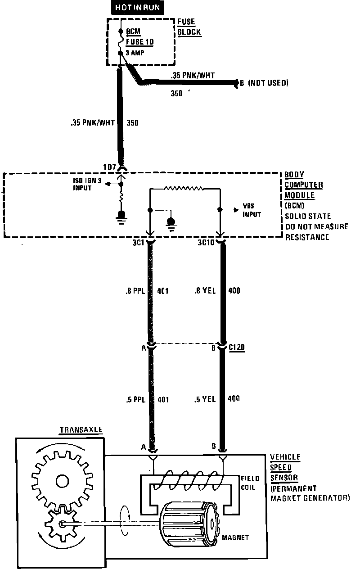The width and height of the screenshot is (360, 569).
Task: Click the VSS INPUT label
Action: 252,211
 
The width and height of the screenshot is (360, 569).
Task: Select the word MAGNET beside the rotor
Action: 235,537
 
